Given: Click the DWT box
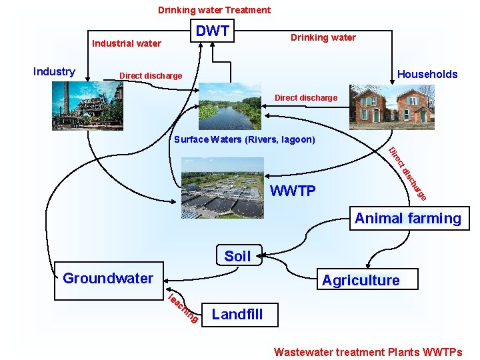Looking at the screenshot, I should click(x=213, y=31).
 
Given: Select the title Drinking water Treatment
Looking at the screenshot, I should click(x=214, y=10).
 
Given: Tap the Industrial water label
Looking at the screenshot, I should click(x=127, y=43).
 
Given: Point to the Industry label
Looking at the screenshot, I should click(x=54, y=71).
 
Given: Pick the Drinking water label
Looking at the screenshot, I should click(x=323, y=37).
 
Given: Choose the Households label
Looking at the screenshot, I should click(x=427, y=74).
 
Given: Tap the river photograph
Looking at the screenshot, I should click(x=230, y=107).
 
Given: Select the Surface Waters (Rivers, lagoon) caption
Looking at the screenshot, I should click(x=244, y=140).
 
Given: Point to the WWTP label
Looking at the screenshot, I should click(x=293, y=192).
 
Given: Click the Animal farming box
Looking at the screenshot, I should click(x=408, y=219).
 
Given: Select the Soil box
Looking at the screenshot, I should click(x=237, y=256).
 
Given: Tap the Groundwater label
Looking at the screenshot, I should click(x=108, y=278).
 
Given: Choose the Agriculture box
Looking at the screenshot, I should click(x=361, y=280).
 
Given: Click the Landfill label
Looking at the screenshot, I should click(x=237, y=314).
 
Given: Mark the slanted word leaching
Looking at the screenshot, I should click(x=182, y=309).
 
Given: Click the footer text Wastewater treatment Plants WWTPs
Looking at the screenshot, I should click(x=368, y=351).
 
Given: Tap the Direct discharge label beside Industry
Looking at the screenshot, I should click(x=150, y=75).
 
